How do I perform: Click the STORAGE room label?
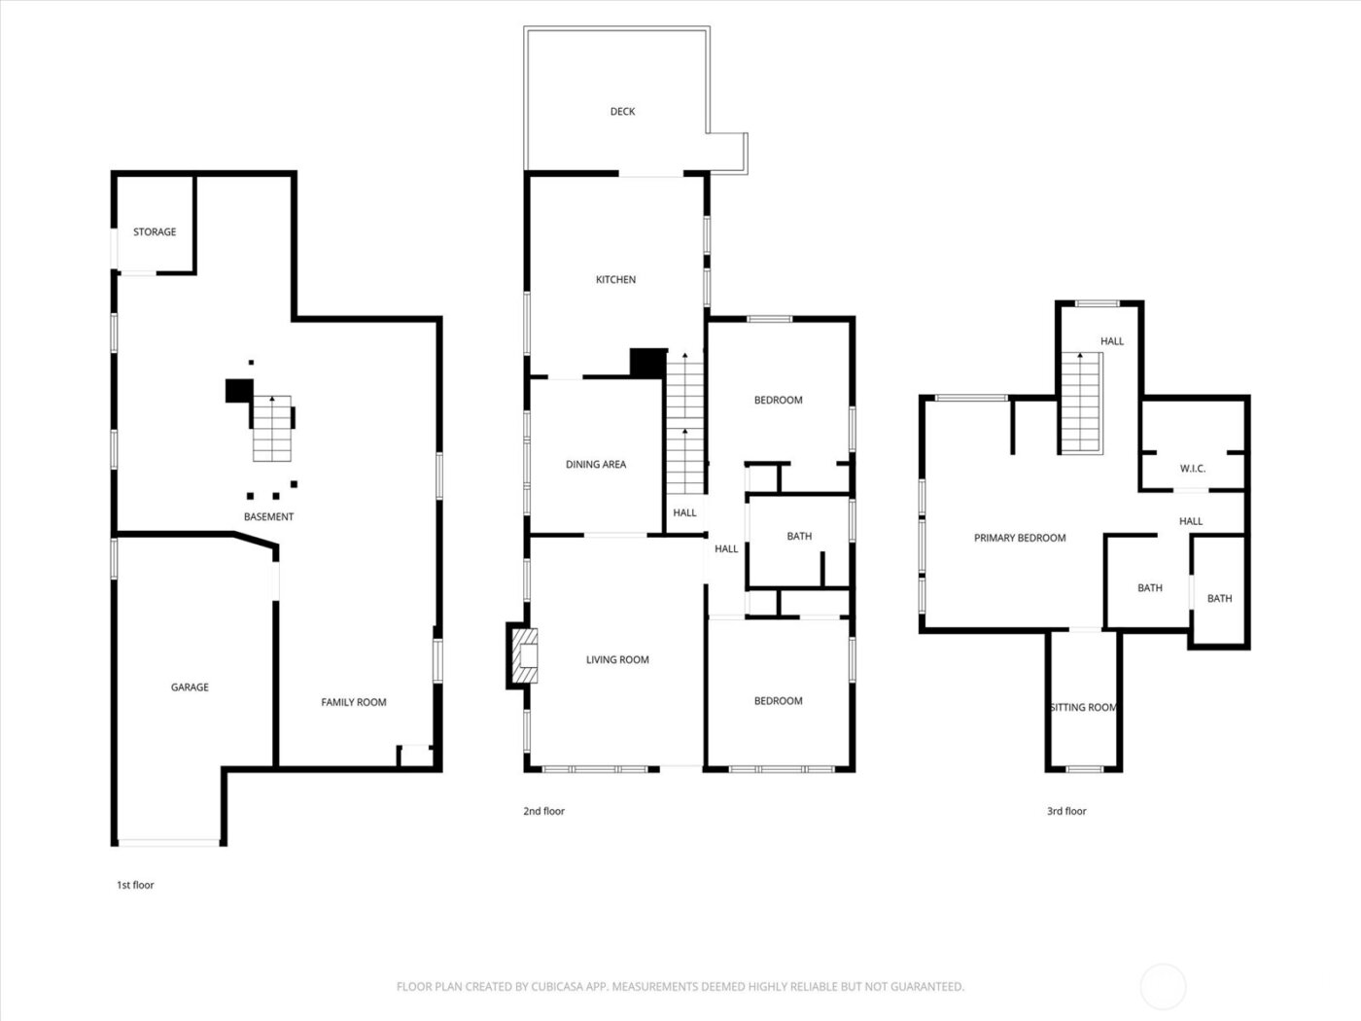tap(155, 231)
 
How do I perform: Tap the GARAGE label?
tap(190, 687)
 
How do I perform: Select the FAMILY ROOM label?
tap(354, 702)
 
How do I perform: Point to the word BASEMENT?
tap(268, 516)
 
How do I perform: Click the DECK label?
tap(622, 112)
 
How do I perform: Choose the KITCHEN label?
tap(615, 280)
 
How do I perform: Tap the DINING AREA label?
tap(596, 465)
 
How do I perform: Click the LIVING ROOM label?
tap(617, 659)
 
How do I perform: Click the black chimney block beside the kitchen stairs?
tap(648, 364)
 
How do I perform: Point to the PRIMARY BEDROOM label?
tap(1020, 538)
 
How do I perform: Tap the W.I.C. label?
tap(1193, 469)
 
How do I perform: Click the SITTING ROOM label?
tap(1083, 707)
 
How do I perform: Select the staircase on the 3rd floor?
tap(1081, 403)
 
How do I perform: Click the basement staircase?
tap(271, 429)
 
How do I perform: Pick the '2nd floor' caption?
tap(543, 811)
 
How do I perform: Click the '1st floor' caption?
tap(135, 885)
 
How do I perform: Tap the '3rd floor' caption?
tap(1066, 811)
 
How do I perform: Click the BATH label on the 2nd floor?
tap(799, 536)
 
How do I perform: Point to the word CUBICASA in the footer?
tap(555, 986)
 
